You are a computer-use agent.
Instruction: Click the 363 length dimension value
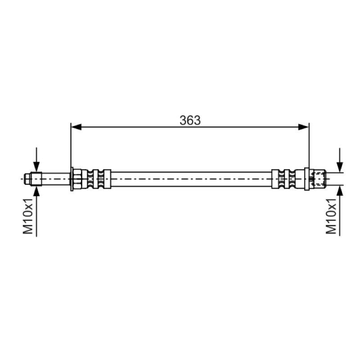[x=190, y=120]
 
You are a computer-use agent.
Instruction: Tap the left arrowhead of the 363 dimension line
[x=76, y=127]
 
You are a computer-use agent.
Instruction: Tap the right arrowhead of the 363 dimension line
[x=303, y=127]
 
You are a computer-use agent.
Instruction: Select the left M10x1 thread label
[x=28, y=216]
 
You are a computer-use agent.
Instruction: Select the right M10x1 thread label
[x=331, y=216]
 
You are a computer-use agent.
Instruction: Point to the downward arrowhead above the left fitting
[x=36, y=167]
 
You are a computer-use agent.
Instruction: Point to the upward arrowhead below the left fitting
[x=36, y=191]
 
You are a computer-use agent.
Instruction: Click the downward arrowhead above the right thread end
[x=340, y=167]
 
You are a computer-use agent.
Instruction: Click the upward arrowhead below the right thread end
[x=340, y=191]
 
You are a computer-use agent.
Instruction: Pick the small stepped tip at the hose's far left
[x=27, y=179]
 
